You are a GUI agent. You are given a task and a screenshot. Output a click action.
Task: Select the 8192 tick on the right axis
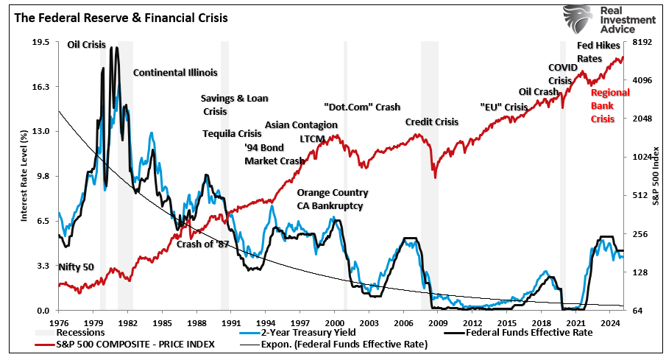click(642, 42)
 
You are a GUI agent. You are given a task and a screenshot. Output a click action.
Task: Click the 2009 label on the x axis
click(438, 322)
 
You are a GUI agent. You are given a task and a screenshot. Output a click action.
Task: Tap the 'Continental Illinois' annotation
click(175, 72)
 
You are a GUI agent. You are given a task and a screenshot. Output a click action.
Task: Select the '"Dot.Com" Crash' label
click(362, 107)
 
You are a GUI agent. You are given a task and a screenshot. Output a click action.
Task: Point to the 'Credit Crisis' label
click(432, 121)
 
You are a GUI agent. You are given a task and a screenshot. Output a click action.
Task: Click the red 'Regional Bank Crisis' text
click(610, 105)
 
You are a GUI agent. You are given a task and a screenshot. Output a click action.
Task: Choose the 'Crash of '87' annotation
click(202, 244)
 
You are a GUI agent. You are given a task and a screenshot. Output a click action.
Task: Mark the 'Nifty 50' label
click(76, 267)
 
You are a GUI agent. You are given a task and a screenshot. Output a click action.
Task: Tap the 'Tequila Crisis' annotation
click(233, 133)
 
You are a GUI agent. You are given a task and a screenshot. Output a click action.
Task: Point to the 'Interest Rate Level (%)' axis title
click(24, 176)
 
